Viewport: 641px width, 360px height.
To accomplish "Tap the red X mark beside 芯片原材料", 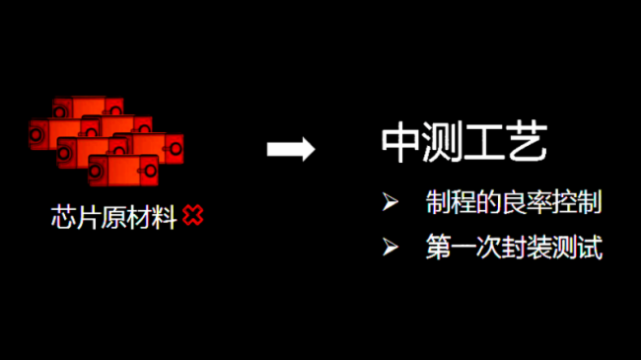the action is (x=193, y=216).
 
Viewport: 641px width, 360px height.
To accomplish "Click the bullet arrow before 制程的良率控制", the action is (x=391, y=203).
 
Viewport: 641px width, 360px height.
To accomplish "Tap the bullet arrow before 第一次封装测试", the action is (x=391, y=245).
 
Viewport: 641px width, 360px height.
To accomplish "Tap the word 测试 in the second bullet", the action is (x=583, y=246).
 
